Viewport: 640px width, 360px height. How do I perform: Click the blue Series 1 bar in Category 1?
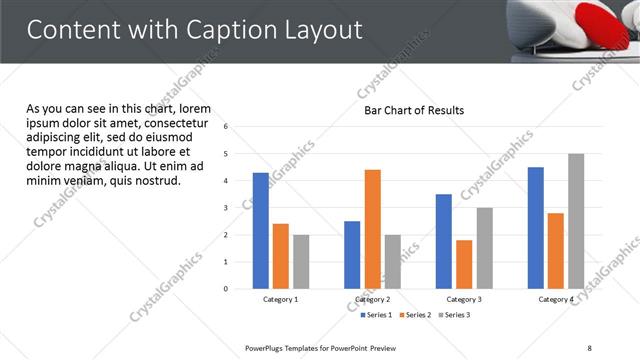[260, 231]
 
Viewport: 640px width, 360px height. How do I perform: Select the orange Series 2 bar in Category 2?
[372, 229]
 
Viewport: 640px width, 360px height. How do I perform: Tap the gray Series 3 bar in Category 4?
[576, 221]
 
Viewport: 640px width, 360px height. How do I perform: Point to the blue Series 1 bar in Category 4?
[536, 228]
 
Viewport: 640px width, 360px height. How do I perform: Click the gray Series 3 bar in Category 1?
[301, 262]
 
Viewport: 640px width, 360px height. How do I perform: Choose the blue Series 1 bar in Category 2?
[352, 255]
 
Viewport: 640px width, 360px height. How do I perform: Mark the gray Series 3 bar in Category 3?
[484, 248]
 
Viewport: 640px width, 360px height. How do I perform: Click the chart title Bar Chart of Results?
[413, 110]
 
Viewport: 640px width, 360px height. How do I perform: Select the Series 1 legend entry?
[377, 315]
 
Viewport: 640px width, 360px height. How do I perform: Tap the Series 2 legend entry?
[415, 315]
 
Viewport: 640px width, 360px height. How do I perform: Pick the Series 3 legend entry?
[453, 315]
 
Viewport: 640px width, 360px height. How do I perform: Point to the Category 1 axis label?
[280, 299]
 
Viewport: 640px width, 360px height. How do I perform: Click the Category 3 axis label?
[464, 299]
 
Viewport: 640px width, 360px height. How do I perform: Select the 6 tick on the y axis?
[227, 127]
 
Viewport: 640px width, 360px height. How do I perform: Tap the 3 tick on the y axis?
[227, 208]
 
